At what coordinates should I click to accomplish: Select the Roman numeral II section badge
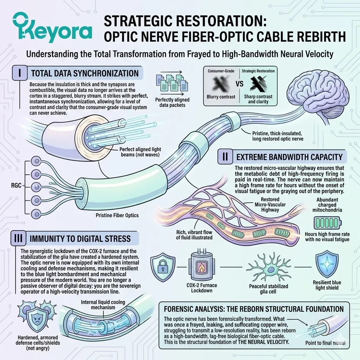tap(224, 156)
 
